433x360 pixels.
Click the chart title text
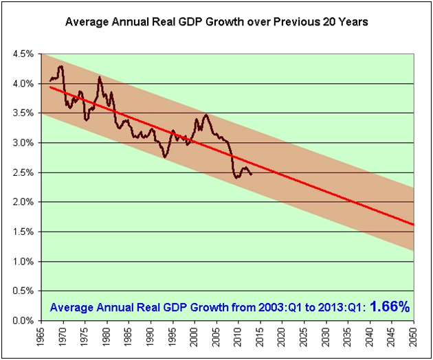point(216,21)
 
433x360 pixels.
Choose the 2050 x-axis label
point(414,337)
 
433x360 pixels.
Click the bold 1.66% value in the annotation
point(389,307)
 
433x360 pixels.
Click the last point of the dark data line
point(252,174)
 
